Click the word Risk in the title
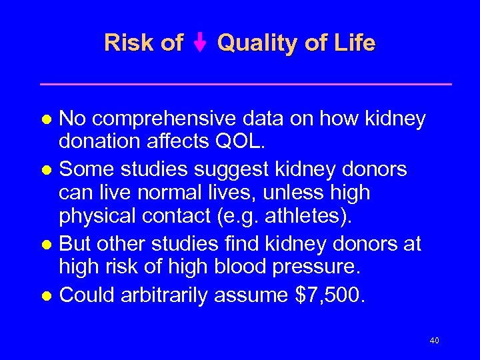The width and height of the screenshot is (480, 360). click(128, 43)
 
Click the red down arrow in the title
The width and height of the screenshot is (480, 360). click(201, 44)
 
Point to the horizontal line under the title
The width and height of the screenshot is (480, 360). click(246, 84)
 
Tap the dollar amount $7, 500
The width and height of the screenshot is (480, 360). click(329, 294)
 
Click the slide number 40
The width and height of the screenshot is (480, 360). click(434, 341)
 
